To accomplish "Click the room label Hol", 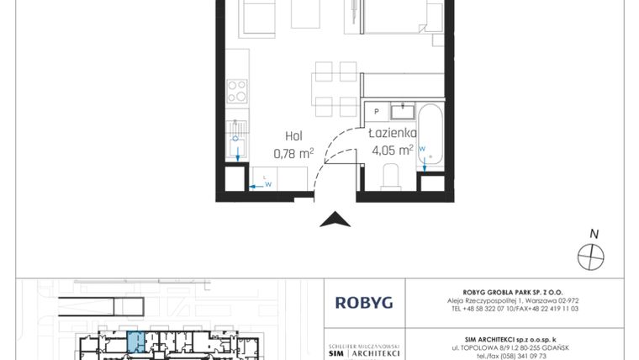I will pyautogui.click(x=293, y=135).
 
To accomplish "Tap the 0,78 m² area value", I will pyautogui.click(x=293, y=153).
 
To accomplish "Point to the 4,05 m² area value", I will pyautogui.click(x=392, y=152).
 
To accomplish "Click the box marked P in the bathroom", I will pyautogui.click(x=377, y=110).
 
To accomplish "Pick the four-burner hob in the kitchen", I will pyautogui.click(x=237, y=90).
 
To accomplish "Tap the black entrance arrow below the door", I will pyautogui.click(x=336, y=220).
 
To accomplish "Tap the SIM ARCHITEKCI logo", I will pyautogui.click(x=363, y=351).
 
